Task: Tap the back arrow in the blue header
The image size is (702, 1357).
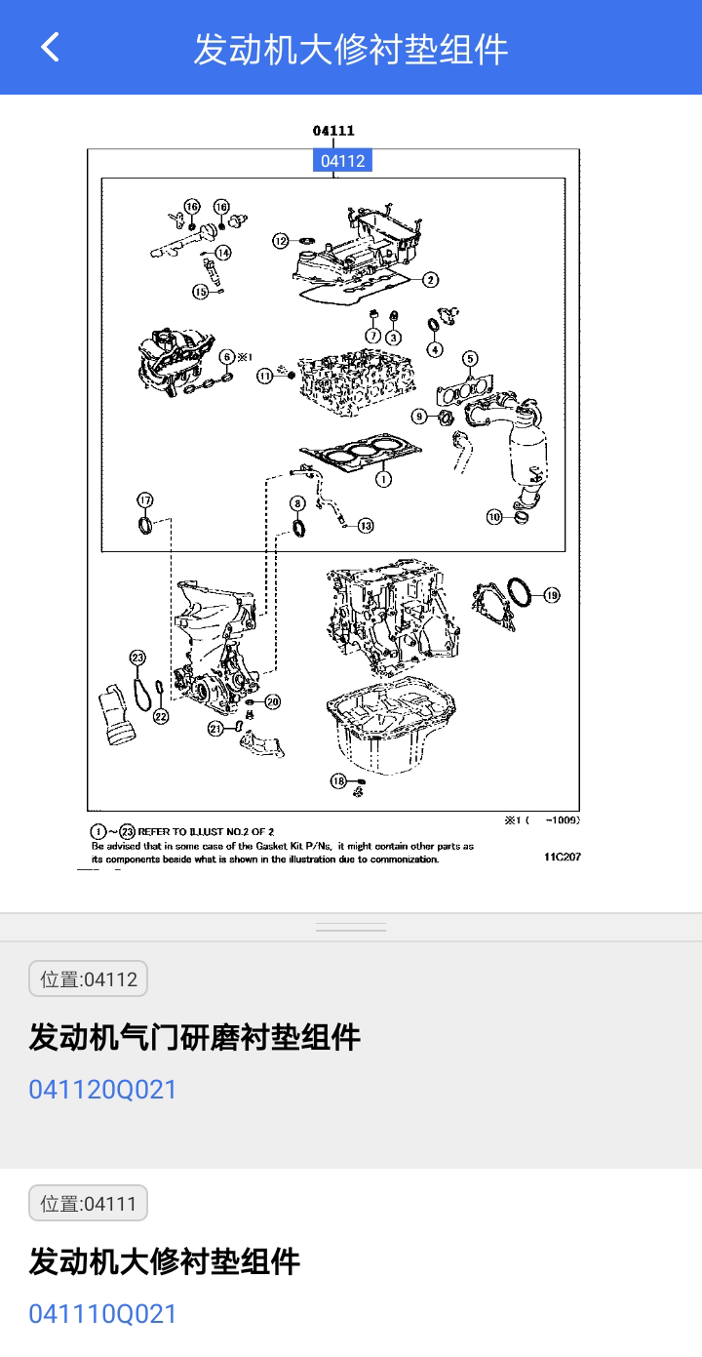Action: pos(50,47)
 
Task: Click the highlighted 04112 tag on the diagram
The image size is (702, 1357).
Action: pos(342,161)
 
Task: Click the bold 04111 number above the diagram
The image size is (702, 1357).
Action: pos(333,131)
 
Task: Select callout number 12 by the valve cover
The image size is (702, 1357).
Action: pos(281,240)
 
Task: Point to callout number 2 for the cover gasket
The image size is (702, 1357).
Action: pos(430,280)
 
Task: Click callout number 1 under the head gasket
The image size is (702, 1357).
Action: pos(383,479)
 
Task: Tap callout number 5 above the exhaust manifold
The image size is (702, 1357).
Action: pos(470,358)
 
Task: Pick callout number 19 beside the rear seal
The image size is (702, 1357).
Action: pos(551,594)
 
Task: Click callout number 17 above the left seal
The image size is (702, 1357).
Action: pos(144,500)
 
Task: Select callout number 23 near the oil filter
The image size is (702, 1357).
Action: pos(137,657)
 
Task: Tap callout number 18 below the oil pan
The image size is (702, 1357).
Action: pos(338,780)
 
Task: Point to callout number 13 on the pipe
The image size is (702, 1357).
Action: pos(365,526)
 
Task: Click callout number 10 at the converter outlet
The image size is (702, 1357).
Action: pos(495,517)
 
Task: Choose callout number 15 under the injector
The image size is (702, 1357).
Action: pos(200,291)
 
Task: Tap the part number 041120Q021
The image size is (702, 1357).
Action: pos(103,1089)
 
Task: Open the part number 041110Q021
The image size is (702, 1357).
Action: pos(103,1313)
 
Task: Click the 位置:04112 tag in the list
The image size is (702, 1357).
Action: pos(89,978)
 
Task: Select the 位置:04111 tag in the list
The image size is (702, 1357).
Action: pos(89,1203)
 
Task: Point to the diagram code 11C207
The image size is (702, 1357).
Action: pos(563,858)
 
